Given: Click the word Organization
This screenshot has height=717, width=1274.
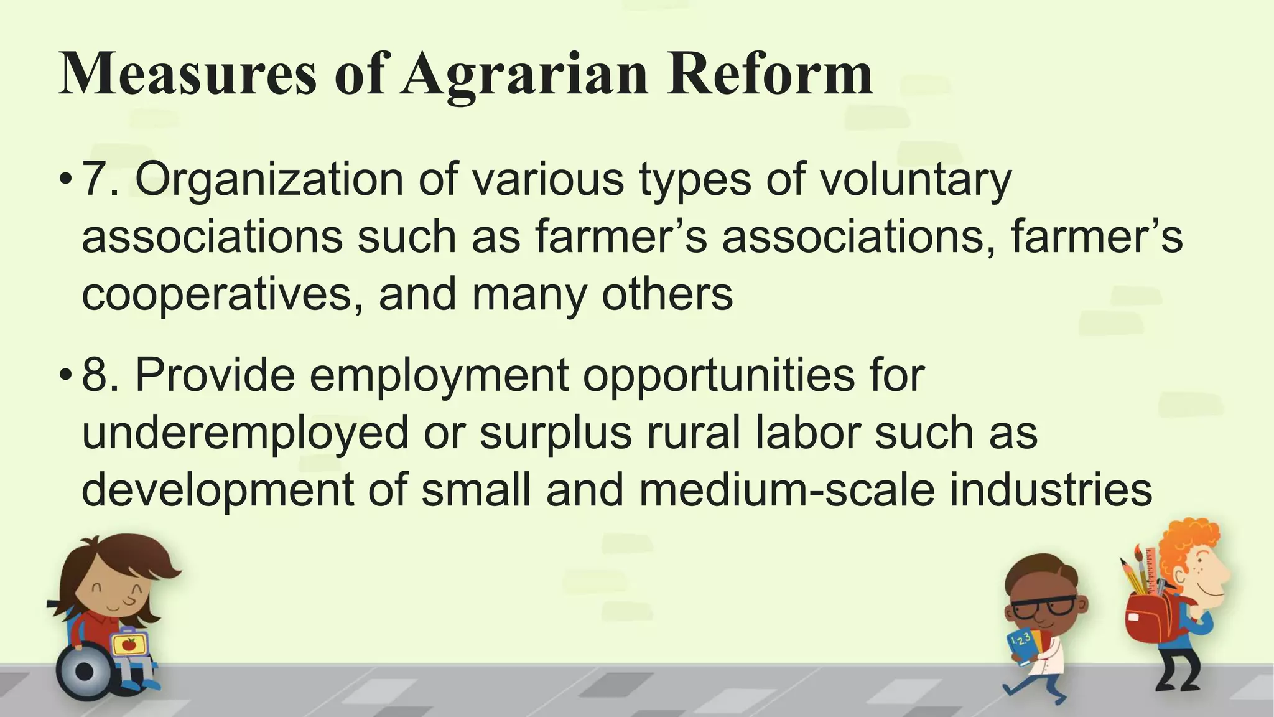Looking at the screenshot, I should click(269, 180).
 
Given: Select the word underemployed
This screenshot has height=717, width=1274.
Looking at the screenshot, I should click(245, 434).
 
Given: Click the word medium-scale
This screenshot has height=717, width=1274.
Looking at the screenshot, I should click(786, 490).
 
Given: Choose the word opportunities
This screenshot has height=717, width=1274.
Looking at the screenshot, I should click(718, 377).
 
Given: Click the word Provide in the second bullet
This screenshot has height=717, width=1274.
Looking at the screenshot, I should click(215, 375).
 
